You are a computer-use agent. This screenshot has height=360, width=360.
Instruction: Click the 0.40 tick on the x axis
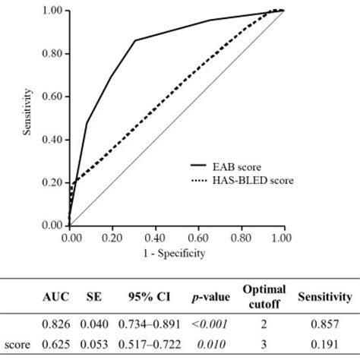[x=154, y=237]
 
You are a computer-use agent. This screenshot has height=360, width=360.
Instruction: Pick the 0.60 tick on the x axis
[x=197, y=237]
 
